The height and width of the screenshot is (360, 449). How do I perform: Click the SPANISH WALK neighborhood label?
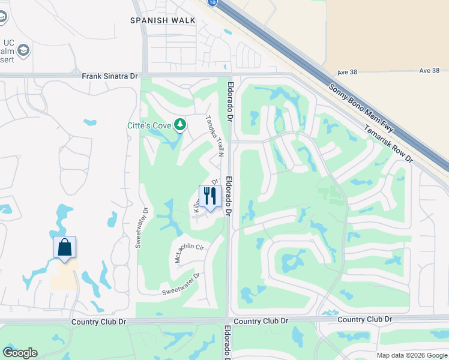[x=163, y=20]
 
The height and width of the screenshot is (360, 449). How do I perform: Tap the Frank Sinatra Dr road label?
[x=110, y=76]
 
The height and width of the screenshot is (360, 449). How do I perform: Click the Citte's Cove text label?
[x=149, y=125]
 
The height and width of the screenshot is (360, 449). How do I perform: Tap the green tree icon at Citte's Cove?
[x=179, y=125]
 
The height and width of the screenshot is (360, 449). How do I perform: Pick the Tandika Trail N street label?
[x=215, y=137]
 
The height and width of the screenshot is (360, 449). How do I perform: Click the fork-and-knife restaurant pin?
[x=210, y=196]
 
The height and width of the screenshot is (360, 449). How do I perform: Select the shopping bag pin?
[x=64, y=247]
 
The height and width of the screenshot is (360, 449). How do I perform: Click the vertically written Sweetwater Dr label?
[x=142, y=229]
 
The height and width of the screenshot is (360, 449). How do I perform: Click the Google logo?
[x=20, y=353]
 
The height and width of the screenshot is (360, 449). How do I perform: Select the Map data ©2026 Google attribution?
[x=411, y=355]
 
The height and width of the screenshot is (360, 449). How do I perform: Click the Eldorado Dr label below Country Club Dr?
[x=228, y=343]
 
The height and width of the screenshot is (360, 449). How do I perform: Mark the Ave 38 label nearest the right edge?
[x=430, y=71]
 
